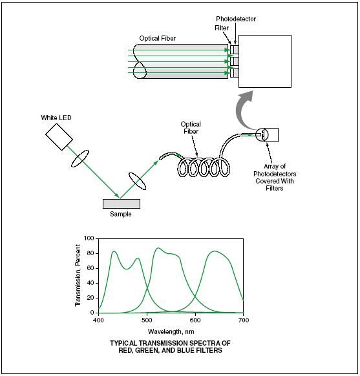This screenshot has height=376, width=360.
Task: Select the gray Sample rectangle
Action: coord(121,204)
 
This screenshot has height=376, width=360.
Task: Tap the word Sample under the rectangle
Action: coord(121,214)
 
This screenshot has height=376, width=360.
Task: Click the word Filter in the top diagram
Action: coord(222,28)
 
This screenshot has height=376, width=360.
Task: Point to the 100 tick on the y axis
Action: coord(90,238)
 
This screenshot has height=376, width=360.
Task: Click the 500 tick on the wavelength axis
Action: coord(147,320)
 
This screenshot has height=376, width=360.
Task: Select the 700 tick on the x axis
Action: coord(243,320)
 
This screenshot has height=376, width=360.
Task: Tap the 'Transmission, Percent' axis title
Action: coord(78,275)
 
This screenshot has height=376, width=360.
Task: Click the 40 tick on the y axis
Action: coord(92,283)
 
